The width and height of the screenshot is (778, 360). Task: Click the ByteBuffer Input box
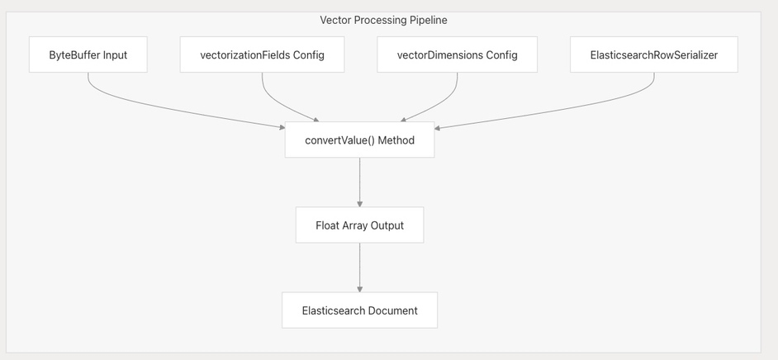click(x=88, y=54)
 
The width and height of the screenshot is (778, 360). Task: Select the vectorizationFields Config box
click(x=262, y=54)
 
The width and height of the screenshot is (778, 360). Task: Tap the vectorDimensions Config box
click(x=457, y=54)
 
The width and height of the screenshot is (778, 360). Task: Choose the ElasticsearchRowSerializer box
click(x=654, y=54)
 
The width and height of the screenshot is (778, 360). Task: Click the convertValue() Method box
click(x=360, y=140)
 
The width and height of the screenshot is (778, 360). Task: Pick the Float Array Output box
click(x=360, y=225)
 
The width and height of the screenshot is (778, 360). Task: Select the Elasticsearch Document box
click(x=360, y=310)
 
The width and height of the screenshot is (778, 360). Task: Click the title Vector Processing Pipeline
click(x=383, y=21)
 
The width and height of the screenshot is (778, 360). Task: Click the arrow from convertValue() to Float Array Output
click(x=360, y=182)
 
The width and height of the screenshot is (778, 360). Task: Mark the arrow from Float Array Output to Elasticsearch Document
click(x=360, y=268)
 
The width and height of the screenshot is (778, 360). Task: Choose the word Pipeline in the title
click(x=431, y=21)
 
